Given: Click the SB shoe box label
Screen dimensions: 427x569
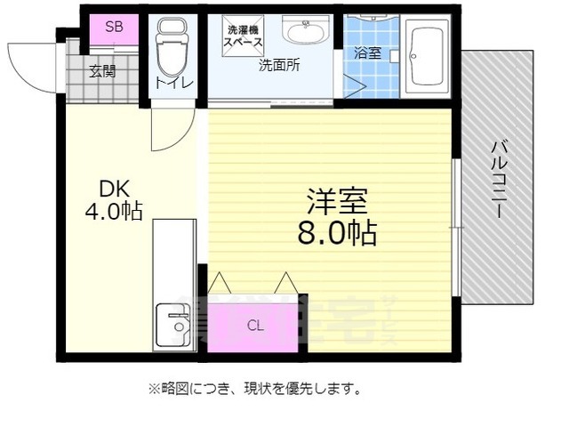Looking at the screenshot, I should point(114,26).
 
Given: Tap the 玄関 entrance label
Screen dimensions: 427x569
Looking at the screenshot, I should point(102,72).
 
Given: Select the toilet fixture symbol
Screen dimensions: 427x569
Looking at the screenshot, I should point(170,48).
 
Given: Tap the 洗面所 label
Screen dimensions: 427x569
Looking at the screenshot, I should point(278,65).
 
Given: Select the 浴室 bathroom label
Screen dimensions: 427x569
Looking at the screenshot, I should point(367,53).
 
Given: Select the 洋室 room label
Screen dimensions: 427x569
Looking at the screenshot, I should point(335,201).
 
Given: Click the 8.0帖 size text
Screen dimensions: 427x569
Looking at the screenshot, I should point(335,232).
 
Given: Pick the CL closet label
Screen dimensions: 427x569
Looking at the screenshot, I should point(255,326).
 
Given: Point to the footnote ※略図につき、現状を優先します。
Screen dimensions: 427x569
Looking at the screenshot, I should point(253,389).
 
